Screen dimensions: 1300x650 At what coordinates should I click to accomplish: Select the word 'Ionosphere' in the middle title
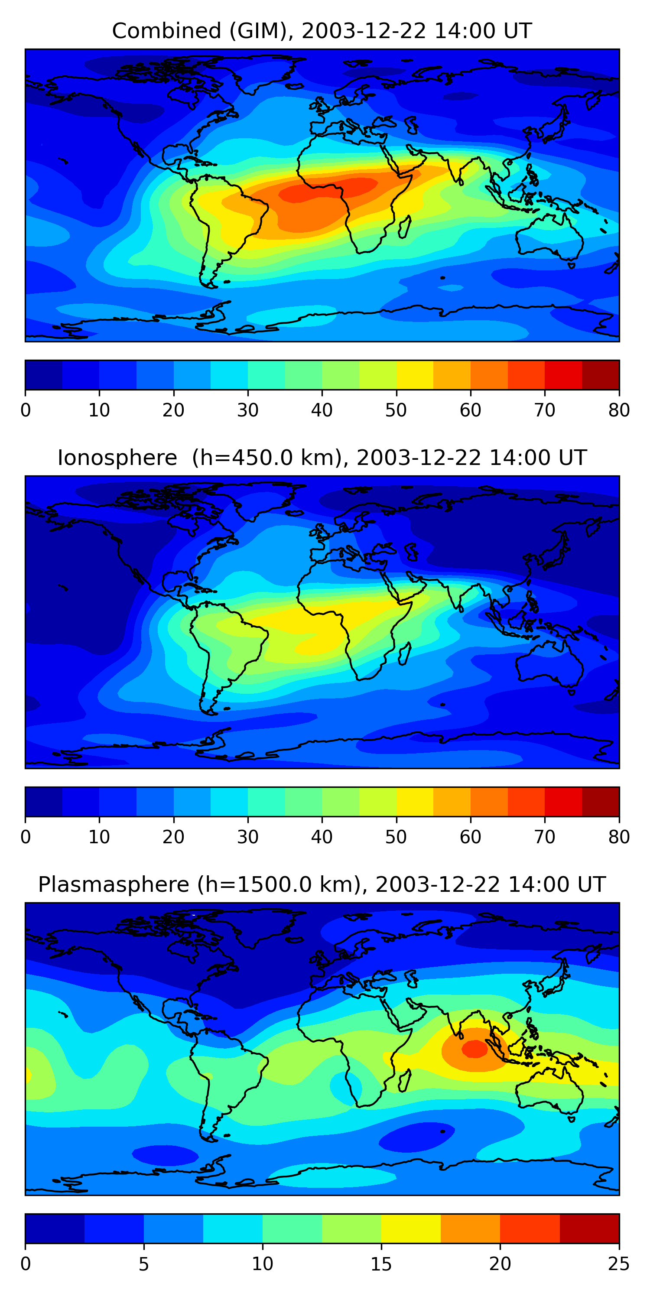pos(117,458)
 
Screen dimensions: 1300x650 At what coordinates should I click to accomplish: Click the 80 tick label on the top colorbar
pos(619,410)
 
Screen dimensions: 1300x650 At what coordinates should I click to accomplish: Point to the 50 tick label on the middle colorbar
pos(396,837)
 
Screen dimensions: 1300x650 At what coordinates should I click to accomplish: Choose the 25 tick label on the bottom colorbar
pos(619,1264)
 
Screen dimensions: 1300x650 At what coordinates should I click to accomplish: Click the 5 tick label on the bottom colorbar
pos(144,1264)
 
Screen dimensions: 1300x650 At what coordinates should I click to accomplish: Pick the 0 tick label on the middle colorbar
pos(26,837)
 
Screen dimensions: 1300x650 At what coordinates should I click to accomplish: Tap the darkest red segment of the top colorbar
pos(601,375)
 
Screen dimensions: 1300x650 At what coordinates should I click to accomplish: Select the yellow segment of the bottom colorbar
pos(411,1228)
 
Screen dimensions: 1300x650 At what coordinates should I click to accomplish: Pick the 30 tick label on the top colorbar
pos(248,410)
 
